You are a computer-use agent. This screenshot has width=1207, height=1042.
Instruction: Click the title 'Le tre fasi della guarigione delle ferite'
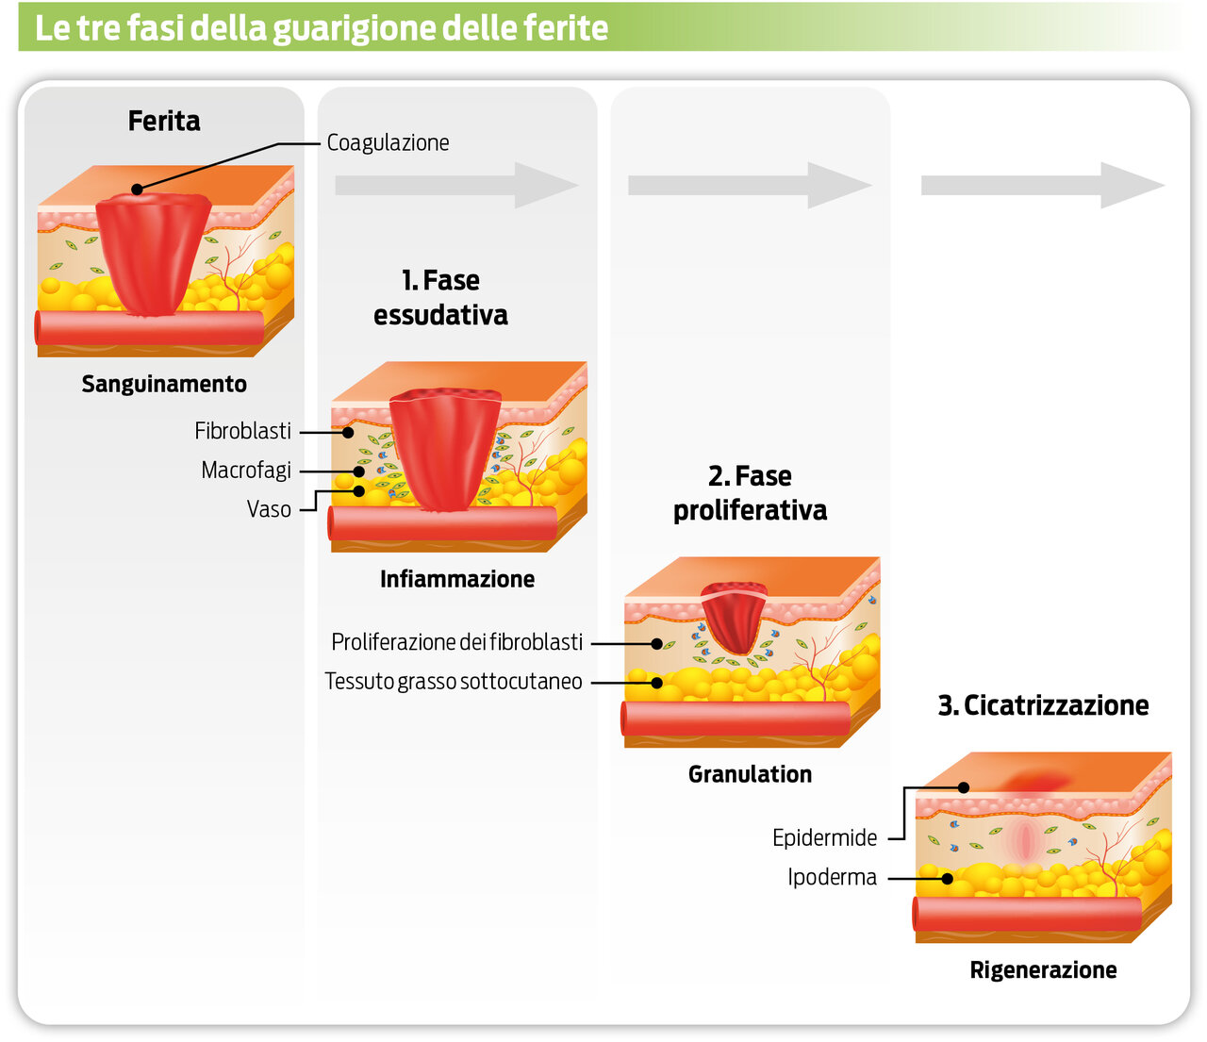point(321,27)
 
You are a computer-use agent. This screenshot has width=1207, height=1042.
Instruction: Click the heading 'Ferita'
point(164,121)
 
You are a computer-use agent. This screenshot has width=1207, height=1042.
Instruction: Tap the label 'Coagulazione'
point(388,142)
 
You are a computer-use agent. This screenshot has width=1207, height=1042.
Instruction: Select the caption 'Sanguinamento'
point(164,384)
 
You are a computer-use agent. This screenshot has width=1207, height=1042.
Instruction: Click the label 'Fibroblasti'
point(242,431)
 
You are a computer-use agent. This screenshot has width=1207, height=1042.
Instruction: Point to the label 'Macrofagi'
point(245,470)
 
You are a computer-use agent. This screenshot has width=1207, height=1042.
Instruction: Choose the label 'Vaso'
point(269,509)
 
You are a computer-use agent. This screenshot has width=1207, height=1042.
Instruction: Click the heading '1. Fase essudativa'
point(440,297)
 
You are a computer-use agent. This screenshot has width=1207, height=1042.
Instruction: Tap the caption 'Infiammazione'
point(457,579)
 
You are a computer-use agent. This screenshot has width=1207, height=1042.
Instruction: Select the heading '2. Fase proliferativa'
point(750,492)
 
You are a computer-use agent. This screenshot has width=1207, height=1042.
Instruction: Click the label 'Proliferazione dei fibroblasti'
point(456,642)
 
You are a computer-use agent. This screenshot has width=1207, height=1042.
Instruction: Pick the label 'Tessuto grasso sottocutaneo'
point(454,682)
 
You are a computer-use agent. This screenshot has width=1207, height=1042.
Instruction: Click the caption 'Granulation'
point(750,774)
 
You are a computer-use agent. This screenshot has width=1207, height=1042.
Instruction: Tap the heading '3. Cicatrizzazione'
point(1043,705)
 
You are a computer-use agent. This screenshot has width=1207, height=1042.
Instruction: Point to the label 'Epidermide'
point(824,837)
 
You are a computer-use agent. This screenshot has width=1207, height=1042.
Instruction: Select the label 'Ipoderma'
point(832,877)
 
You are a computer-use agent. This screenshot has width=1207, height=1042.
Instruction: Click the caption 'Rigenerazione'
point(1043,969)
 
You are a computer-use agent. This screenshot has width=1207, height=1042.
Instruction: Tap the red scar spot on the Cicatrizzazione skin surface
point(1037,779)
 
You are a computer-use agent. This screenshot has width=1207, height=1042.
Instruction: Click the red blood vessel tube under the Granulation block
point(736,719)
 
